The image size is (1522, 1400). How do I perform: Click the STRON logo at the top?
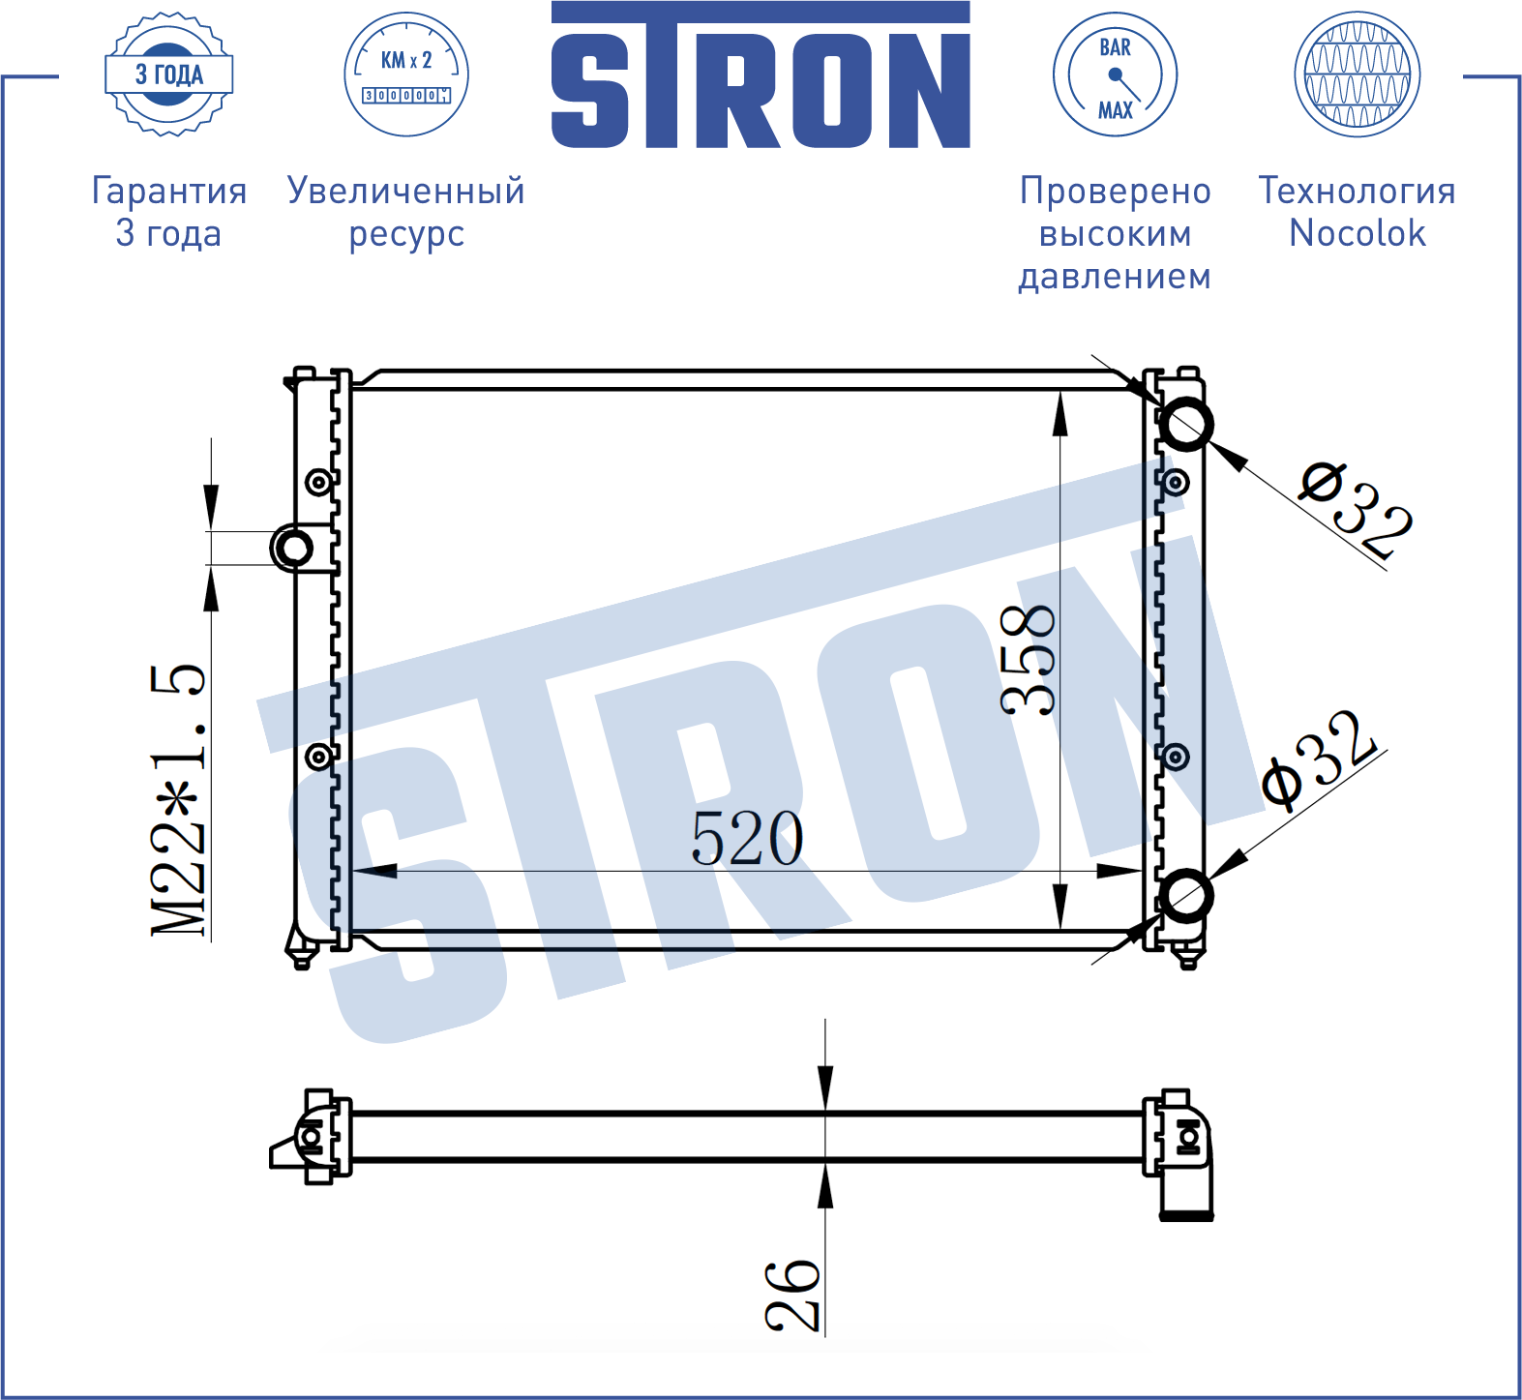(x=761, y=75)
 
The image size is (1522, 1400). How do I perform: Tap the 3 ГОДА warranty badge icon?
(x=169, y=74)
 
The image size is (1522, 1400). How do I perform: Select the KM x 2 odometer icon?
(x=406, y=74)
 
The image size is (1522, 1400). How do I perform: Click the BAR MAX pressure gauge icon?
(x=1115, y=74)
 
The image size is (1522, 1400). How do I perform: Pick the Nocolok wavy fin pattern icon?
(x=1358, y=74)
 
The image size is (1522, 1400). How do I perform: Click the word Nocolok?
(x=1358, y=233)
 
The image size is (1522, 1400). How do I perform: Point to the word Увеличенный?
(x=406, y=191)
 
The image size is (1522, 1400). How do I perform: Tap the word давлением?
(x=1115, y=277)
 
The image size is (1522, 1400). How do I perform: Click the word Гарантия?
(x=169, y=191)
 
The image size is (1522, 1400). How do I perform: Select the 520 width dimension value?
(x=747, y=838)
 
